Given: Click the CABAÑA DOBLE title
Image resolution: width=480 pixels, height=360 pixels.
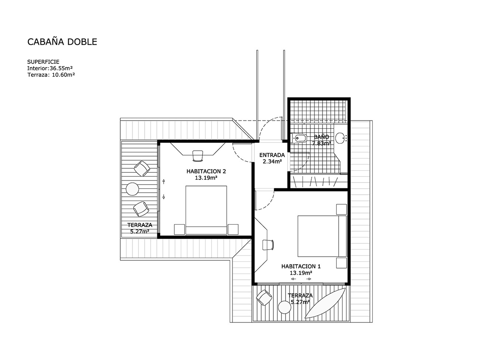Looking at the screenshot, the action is (x=62, y=42).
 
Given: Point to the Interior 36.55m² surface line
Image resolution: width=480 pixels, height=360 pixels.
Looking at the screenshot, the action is (x=50, y=68).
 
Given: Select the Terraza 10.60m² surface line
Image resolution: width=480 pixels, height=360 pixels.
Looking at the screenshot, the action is (x=51, y=75).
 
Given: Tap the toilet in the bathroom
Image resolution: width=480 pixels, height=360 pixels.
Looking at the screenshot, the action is (x=299, y=138).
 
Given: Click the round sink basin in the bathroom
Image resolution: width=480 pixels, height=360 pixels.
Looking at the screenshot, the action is (x=340, y=138).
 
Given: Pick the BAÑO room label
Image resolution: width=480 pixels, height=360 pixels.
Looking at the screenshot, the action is (x=322, y=137).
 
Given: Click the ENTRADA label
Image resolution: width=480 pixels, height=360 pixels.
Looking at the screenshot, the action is (x=272, y=155).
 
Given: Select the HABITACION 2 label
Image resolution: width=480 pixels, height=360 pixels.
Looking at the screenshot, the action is (x=206, y=171).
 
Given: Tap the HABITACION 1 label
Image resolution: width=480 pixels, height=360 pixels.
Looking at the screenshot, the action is (x=301, y=267).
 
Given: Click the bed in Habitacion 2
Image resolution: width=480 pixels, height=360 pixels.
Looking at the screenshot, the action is (x=206, y=210).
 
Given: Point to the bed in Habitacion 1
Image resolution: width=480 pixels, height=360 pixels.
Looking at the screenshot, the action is (x=322, y=236).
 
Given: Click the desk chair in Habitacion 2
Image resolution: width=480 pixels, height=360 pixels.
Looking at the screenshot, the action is (x=198, y=156).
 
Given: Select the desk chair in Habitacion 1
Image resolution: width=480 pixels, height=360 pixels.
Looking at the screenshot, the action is (x=268, y=244).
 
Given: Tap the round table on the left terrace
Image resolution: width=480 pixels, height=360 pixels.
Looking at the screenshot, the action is (x=132, y=189).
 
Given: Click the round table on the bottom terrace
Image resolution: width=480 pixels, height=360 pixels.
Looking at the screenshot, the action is (x=285, y=307).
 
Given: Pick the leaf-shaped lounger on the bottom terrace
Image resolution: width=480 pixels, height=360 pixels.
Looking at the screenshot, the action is (x=325, y=303).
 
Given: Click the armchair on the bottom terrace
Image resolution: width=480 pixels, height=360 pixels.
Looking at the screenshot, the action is (x=264, y=298).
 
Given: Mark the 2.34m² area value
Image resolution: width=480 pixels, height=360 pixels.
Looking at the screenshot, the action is (x=272, y=161).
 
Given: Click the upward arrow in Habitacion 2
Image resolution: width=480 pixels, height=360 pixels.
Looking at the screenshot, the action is (x=164, y=181).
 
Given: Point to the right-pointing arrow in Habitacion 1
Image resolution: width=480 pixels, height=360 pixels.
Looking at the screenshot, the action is (x=309, y=279).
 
